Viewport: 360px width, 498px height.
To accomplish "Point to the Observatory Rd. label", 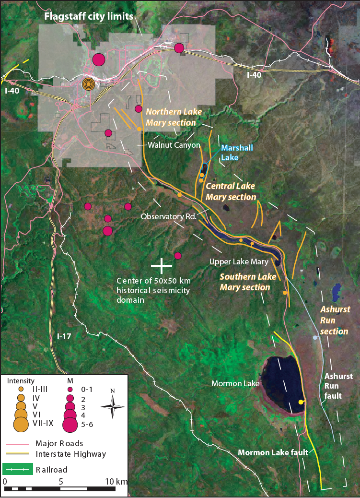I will tap(169, 216).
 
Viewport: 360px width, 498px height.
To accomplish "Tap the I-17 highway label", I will tap(64, 336).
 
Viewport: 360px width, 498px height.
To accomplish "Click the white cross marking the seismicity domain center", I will tap(162, 264).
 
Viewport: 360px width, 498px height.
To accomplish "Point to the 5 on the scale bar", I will tap(60, 481).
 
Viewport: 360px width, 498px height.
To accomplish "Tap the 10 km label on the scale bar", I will tap(115, 481).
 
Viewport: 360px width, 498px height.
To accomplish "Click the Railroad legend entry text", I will tap(51, 469).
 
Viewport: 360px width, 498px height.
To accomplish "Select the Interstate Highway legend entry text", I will tap(71, 454).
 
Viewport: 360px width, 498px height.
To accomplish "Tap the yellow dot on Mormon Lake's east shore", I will tap(301, 402).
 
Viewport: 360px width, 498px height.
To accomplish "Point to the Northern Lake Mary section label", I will tap(171, 117).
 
